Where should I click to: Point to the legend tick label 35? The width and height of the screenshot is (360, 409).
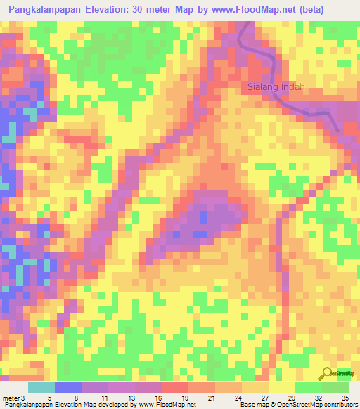[345, 397]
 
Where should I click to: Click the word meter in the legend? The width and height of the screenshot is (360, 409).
[11, 397]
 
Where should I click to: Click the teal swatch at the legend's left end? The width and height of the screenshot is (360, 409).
[41, 387]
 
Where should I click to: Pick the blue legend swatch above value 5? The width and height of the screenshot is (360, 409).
[68, 387]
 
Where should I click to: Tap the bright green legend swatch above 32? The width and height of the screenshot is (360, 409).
[309, 387]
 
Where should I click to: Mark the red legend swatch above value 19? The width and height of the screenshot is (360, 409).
[175, 387]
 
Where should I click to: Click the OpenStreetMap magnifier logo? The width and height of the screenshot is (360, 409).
[327, 373]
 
